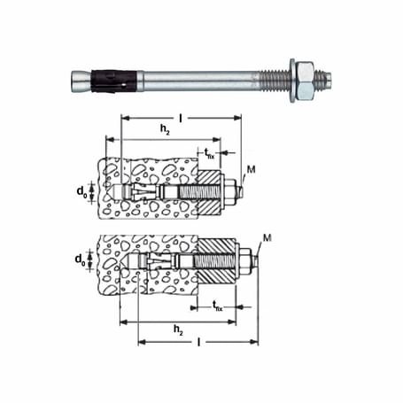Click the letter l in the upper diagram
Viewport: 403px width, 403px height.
point(180,112)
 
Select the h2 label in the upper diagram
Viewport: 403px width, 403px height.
point(166,130)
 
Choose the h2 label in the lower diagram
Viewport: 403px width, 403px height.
point(178,329)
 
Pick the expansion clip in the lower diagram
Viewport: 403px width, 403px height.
point(159,261)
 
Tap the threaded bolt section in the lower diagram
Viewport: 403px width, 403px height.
point(213,261)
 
